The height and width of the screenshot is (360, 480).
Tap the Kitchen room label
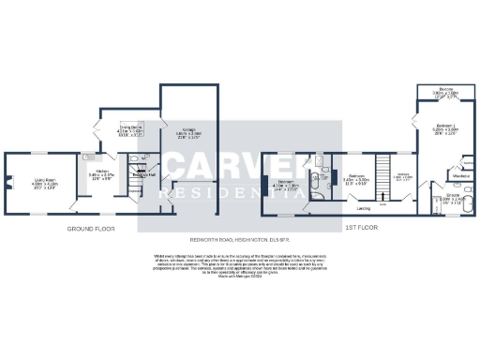(100, 173)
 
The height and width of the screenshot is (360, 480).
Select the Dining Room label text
(129, 128)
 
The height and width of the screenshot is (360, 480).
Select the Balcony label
(444, 91)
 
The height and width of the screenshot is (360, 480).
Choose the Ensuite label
(451, 198)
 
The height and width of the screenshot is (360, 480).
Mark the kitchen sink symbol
(88, 157)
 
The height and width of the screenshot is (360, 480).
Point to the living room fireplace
(8, 182)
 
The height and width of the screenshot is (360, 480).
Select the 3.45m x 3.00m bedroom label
(356, 177)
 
